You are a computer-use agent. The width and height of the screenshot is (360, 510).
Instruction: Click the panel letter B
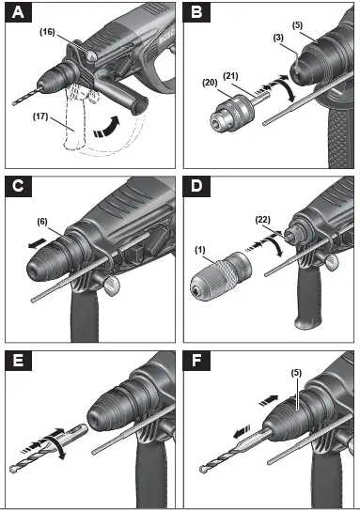197,13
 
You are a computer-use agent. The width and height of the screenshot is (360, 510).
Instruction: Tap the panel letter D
197,186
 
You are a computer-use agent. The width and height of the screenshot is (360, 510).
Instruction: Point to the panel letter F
197,360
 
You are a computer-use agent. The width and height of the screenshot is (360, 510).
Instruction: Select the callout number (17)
39,119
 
